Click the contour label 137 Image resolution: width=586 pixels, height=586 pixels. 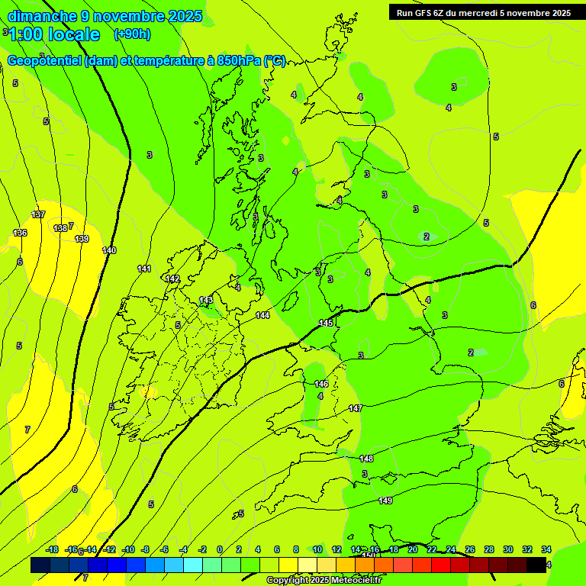(39, 214)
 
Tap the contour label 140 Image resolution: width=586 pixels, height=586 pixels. (109, 250)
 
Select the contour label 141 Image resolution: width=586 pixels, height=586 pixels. (144, 269)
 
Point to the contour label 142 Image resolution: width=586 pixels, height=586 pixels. (173, 279)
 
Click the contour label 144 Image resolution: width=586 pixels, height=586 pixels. (262, 315)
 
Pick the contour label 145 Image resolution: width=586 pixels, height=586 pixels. (326, 324)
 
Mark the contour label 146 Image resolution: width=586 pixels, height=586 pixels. (321, 384)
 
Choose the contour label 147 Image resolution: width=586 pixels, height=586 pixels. (356, 409)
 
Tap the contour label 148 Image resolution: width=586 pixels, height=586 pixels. (366, 459)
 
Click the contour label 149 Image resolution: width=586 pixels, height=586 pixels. (385, 501)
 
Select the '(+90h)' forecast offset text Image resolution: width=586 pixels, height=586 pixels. (132, 34)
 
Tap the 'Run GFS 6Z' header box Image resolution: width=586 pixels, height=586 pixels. (484, 12)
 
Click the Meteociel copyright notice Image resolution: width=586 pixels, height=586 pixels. (324, 581)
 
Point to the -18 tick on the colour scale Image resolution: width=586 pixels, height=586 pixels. (53, 550)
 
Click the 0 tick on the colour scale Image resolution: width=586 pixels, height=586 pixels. (220, 550)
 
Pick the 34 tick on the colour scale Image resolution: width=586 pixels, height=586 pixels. (546, 550)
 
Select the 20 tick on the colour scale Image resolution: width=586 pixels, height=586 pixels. (412, 550)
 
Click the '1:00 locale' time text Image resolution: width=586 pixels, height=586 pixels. (54, 34)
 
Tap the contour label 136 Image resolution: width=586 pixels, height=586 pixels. (20, 233)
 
